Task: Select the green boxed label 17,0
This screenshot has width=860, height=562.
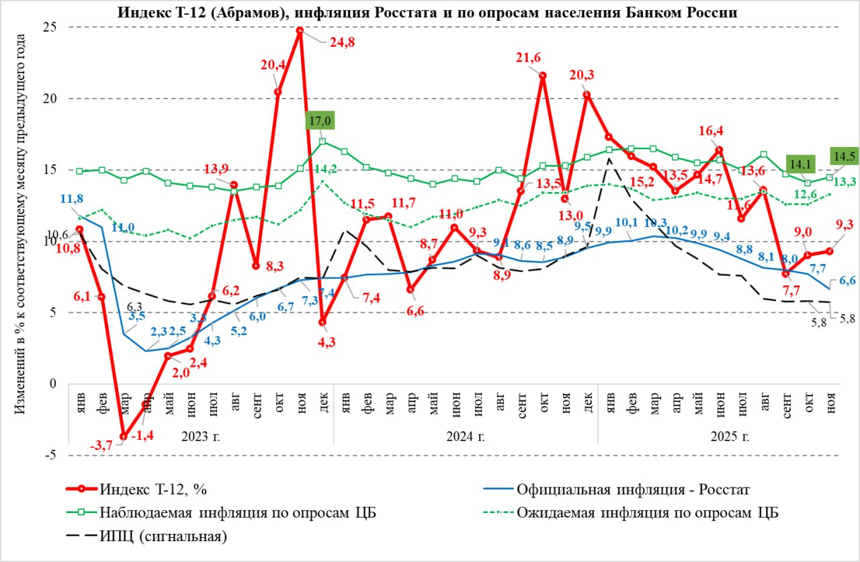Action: click(320, 122)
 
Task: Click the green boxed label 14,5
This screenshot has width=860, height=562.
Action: click(844, 154)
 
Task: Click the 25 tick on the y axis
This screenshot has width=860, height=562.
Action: click(49, 27)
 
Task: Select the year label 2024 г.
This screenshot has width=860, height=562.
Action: click(466, 436)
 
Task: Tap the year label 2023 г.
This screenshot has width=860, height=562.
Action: click(201, 436)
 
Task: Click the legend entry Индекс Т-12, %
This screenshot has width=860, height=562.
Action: click(151, 489)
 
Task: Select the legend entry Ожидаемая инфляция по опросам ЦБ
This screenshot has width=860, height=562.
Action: click(648, 512)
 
